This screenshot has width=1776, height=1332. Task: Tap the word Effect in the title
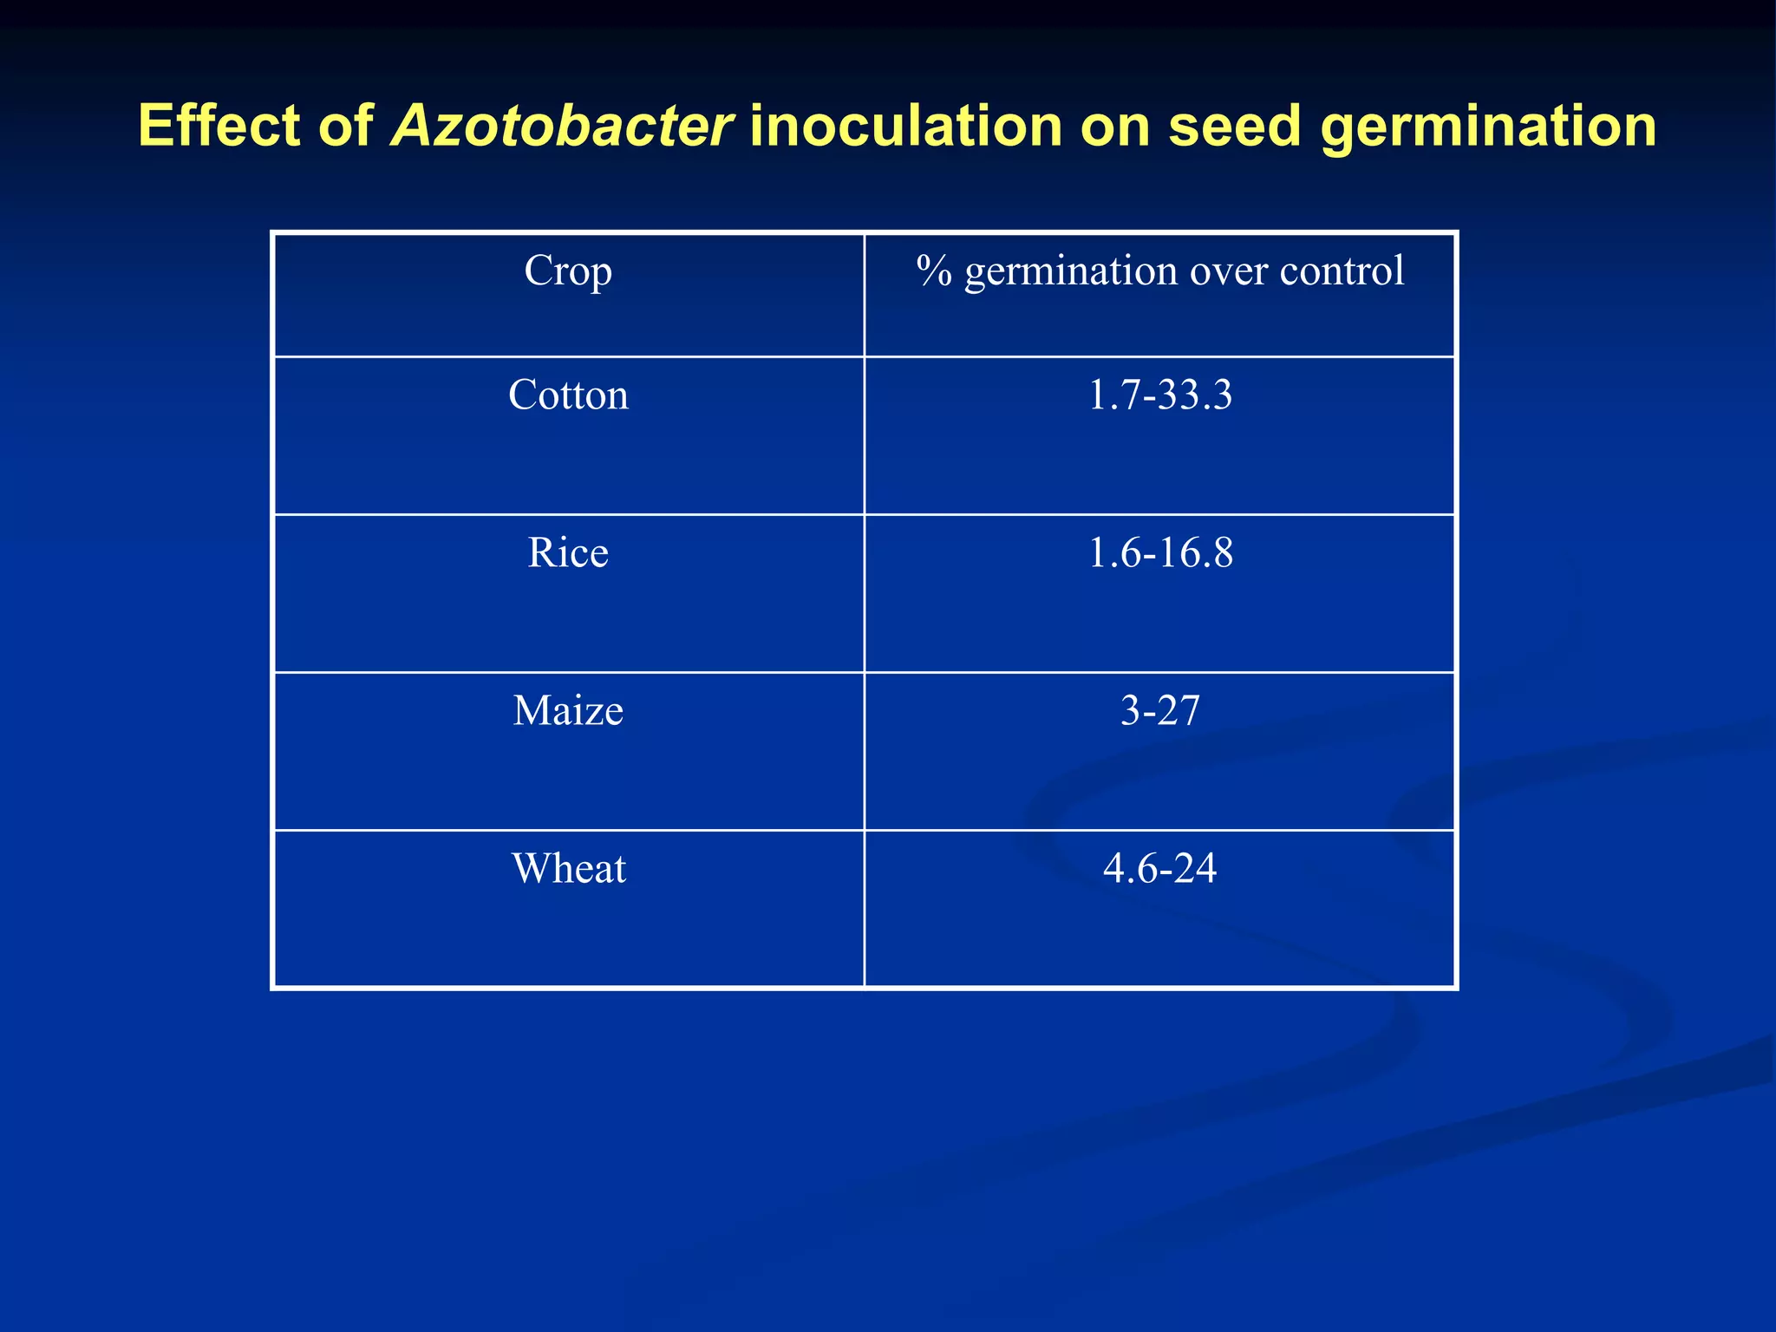(218, 127)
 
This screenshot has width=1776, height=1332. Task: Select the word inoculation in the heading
(905, 127)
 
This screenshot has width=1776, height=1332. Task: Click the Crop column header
(568, 271)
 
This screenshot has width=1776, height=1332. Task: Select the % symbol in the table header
(935, 271)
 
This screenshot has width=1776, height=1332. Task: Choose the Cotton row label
(568, 395)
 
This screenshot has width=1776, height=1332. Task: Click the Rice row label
(568, 553)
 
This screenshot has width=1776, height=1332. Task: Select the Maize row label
(568, 711)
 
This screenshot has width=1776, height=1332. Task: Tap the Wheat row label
(568, 869)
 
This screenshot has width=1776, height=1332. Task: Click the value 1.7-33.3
(1159, 395)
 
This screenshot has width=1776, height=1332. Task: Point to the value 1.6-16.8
(1159, 553)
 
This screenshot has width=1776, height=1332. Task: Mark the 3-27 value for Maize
(1159, 711)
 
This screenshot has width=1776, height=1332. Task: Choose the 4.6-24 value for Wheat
(1159, 869)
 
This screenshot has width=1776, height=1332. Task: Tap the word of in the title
(345, 127)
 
